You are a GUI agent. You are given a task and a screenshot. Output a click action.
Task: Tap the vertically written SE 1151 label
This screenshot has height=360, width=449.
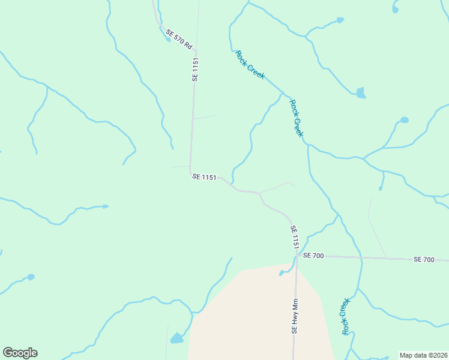194,70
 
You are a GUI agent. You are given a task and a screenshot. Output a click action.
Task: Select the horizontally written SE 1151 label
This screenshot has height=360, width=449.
204,176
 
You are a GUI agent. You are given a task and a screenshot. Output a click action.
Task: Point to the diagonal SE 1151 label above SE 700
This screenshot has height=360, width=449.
295,237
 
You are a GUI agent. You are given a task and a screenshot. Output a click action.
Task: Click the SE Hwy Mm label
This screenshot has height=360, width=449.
295,316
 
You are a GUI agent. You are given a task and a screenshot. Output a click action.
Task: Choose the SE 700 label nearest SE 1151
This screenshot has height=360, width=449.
313,256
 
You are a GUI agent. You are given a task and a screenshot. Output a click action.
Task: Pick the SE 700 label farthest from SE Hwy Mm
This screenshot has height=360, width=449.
424,259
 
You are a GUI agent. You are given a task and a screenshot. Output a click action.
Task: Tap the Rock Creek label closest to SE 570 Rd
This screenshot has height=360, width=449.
250,65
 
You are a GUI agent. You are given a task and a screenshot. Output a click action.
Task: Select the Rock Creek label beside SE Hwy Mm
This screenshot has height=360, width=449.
345,316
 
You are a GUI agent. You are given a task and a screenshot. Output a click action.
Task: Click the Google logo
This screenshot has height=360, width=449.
20,353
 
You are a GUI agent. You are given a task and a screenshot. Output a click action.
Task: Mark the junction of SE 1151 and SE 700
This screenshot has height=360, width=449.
297,256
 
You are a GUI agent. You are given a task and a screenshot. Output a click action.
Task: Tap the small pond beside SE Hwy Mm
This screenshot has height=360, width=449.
281,274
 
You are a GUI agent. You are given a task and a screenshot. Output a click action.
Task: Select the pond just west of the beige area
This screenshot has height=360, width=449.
176,339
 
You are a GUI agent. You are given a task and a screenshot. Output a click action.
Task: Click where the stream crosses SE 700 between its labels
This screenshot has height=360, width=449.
361,257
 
